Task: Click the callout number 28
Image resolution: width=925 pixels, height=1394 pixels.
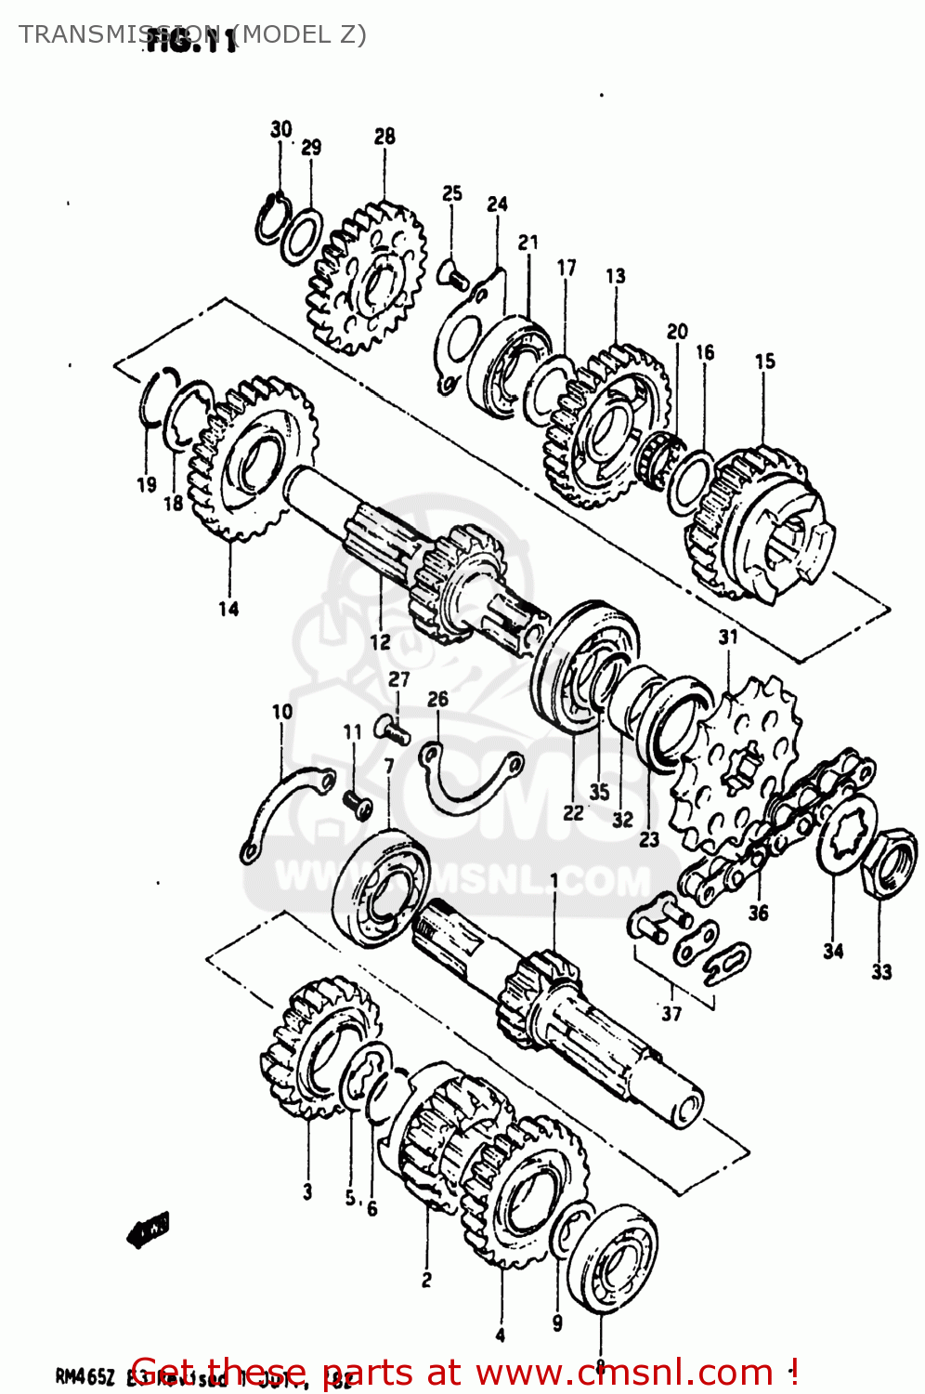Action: [x=384, y=137]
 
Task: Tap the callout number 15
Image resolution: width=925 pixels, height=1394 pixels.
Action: [x=764, y=362]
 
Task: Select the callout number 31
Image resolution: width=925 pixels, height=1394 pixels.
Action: [x=728, y=637]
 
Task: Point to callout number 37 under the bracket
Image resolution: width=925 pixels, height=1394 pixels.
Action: [x=671, y=1013]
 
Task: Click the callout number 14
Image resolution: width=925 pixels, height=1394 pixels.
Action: [x=228, y=609]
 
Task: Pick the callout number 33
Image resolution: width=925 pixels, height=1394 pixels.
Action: [x=881, y=972]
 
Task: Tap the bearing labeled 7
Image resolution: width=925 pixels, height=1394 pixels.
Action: [x=379, y=887]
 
